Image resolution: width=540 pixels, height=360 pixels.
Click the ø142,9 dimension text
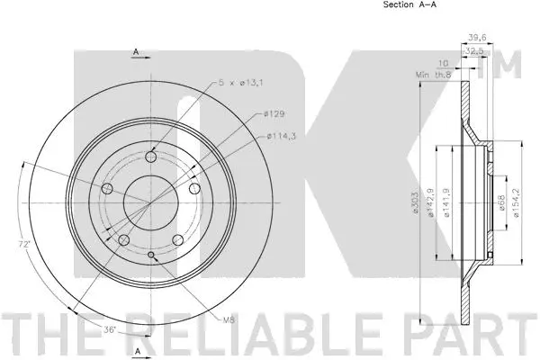coord(432,202)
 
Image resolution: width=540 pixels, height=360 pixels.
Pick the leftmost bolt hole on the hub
coord(108,188)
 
